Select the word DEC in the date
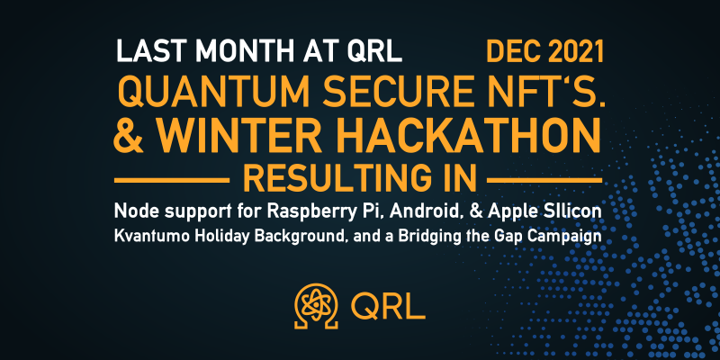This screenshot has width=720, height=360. [x=513, y=51]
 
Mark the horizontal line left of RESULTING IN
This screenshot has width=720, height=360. [x=171, y=181]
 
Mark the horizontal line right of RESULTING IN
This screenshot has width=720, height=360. [x=544, y=181]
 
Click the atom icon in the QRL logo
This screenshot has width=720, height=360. [x=317, y=306]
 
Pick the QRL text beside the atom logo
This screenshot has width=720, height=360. [x=389, y=306]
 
